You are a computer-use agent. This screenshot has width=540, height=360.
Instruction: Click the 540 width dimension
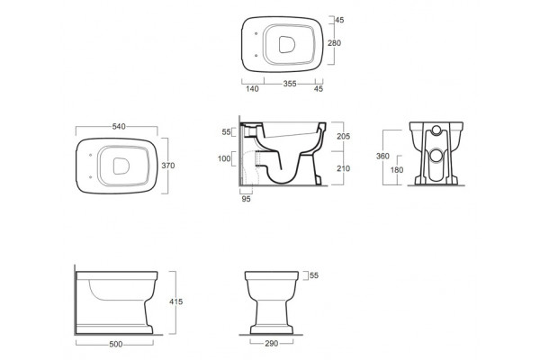pos(119,126)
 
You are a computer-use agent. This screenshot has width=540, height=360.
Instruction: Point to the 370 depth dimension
pos(168,166)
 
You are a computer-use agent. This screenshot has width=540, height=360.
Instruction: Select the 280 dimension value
pos(335,43)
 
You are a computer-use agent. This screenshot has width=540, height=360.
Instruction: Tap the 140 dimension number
pos(252,89)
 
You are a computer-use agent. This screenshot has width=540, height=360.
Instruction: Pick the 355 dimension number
pos(290,84)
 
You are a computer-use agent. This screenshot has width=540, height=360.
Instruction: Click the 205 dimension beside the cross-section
pos(344,137)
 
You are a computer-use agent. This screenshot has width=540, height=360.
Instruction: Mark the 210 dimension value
pos(344,168)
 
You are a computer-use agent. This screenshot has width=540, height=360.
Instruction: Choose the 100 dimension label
pos(224,158)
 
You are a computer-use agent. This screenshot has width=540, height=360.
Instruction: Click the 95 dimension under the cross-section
pos(246,199)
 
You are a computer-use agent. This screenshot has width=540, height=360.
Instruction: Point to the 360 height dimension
pos(382,156)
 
